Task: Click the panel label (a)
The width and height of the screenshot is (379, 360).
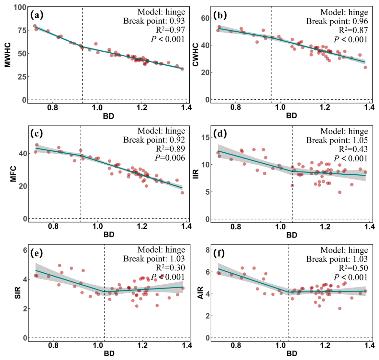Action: click(37, 15)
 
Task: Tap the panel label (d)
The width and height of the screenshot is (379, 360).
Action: click(220, 134)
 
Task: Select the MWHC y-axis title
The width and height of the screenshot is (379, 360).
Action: click(7, 55)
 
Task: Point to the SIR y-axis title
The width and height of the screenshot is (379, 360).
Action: click(18, 293)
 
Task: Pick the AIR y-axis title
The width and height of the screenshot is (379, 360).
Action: click(201, 293)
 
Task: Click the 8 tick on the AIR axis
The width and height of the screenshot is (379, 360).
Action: click(207, 250)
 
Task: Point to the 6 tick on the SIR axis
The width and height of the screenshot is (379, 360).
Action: click(25, 250)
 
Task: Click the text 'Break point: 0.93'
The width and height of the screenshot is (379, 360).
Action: click(154, 21)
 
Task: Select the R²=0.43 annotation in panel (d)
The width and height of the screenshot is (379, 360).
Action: click(353, 149)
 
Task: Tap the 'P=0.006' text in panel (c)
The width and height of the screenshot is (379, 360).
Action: click(170, 158)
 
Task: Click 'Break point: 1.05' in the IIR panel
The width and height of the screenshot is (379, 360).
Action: click(337, 140)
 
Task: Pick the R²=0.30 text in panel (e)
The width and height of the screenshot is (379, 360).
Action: click(171, 267)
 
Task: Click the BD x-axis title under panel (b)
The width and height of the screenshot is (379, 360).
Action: click(292, 115)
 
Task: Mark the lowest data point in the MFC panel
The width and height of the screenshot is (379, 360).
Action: click(182, 192)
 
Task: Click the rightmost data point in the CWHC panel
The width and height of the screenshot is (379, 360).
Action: click(365, 67)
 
